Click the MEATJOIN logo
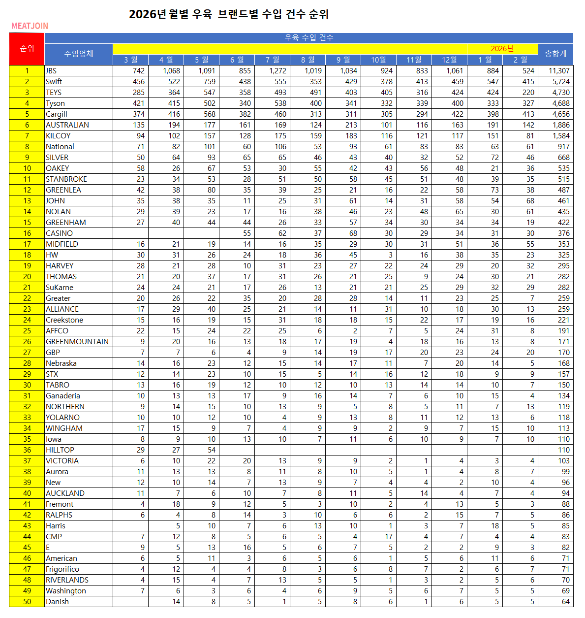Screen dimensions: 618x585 tap(30, 26)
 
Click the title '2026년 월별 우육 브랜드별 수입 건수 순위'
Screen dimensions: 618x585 tap(229, 14)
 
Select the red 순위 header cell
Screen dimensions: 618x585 tap(27, 49)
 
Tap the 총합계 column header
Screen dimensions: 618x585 tap(555, 54)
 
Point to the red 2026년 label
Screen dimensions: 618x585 tap(502, 48)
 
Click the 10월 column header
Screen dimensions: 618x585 tap(378, 60)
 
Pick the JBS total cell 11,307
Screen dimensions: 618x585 tap(559, 71)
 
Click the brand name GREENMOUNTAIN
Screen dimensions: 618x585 tap(77, 342)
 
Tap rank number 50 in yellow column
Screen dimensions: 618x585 tap(27, 602)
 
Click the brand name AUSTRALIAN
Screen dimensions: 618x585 tap(67, 125)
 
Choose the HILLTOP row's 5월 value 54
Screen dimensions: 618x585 tap(211, 450)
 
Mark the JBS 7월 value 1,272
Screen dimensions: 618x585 tap(277, 71)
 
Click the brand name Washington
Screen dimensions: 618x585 tap(66, 591)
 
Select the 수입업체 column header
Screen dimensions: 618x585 tap(78, 54)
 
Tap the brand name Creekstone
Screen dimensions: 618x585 tap(64, 320)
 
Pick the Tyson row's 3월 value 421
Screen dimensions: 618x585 tap(138, 103)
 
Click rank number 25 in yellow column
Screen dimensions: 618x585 tap(27, 331)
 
